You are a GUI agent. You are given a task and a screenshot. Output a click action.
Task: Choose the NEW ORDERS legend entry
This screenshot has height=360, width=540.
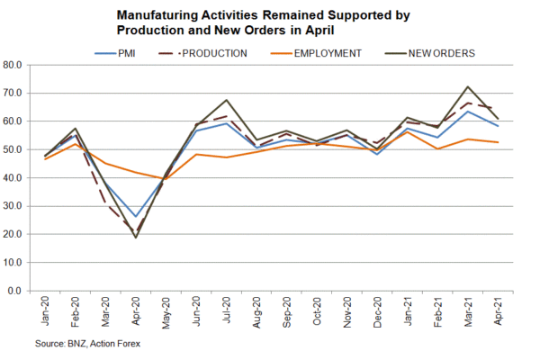[x=431, y=52]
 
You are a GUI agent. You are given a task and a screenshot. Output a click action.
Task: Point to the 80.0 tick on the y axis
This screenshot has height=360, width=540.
[x=20, y=65]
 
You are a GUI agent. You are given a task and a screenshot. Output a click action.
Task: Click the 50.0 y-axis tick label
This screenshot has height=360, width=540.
[x=20, y=149]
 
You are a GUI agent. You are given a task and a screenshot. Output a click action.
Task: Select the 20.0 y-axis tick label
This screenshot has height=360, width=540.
[x=20, y=234]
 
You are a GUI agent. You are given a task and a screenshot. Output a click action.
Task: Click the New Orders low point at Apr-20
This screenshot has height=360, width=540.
[x=136, y=237]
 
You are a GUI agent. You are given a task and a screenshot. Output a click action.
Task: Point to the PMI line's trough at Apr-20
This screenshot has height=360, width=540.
[x=136, y=217]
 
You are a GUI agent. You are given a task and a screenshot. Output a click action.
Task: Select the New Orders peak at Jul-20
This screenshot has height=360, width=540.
[x=227, y=101]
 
